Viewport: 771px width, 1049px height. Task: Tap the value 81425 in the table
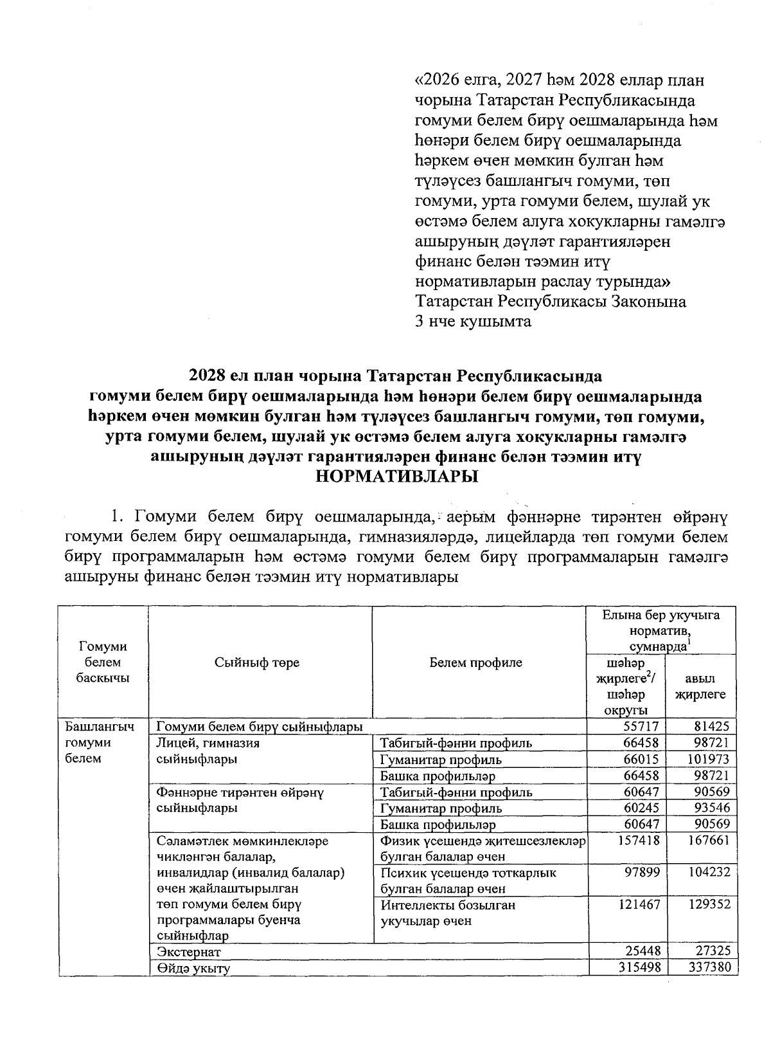coord(711,727)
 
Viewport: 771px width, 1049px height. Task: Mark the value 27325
coord(711,952)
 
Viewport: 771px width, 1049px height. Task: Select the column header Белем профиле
coord(476,662)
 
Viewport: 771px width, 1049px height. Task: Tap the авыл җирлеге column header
coord(702,686)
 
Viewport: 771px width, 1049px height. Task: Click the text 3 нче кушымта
coord(474,322)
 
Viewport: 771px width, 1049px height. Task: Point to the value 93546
coord(711,808)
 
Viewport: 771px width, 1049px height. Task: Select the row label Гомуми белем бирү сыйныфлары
coord(260,727)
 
